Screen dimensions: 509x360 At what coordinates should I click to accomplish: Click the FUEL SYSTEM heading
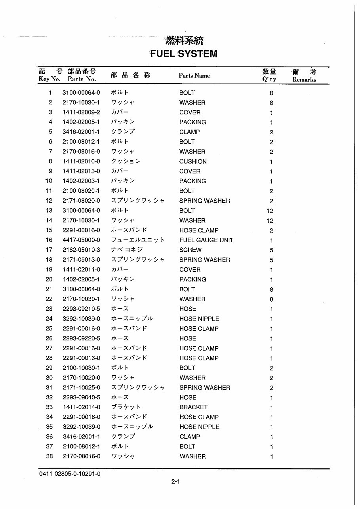pos(183,54)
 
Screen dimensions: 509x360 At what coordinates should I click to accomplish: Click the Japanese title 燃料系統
pos(184,40)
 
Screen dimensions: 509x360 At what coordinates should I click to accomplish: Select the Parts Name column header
pos(194,76)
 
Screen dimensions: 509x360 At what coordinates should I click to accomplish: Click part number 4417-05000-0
pos(81,240)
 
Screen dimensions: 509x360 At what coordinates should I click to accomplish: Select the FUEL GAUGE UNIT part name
pos(206,240)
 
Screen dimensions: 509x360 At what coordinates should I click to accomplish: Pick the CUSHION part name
pos(193,161)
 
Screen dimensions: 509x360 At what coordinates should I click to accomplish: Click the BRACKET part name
pos(193,407)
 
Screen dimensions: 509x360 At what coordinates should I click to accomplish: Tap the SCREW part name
pos(190,250)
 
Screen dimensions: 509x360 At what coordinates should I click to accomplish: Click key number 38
pos(49,456)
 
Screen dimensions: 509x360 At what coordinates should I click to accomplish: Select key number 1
pos(50,93)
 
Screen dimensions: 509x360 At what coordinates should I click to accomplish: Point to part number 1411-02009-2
pos(81,112)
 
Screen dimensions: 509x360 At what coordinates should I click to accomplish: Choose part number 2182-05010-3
pos(81,250)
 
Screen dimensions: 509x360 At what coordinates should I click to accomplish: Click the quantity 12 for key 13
pos(270,211)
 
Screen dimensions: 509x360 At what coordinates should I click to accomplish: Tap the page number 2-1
pos(176,482)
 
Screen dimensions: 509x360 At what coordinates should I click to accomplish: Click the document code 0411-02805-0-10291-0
pos(70,474)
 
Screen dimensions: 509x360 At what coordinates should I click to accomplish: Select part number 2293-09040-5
pos(81,397)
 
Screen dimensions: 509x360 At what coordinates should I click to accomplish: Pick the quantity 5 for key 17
pos(271,250)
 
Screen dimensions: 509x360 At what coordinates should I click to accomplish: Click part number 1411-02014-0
pos(81,407)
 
